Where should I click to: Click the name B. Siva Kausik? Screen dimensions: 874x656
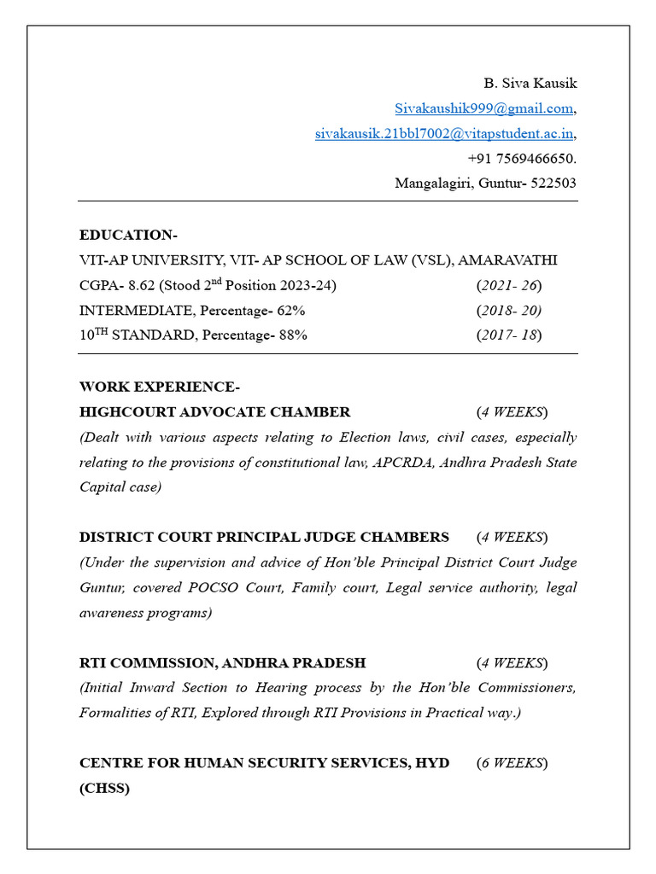530,84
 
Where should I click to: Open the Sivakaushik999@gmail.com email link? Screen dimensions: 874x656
483,108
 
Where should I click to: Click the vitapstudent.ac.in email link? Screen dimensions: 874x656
444,134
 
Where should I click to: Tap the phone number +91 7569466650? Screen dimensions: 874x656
521,159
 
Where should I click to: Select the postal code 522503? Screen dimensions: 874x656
553,184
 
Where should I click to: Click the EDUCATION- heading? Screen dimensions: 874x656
128,235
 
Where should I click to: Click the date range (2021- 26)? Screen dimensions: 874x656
509,285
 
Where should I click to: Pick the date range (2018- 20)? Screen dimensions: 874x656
509,310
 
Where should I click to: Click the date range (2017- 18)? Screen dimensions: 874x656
509,335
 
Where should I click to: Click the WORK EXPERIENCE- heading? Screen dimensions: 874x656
154,387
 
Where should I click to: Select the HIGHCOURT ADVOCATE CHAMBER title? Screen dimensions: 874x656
214,412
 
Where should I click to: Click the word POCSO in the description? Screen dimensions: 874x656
239,588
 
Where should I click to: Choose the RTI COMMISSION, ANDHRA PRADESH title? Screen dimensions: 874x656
222,663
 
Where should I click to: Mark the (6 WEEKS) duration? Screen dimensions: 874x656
512,763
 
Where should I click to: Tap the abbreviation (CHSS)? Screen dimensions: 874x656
104,789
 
